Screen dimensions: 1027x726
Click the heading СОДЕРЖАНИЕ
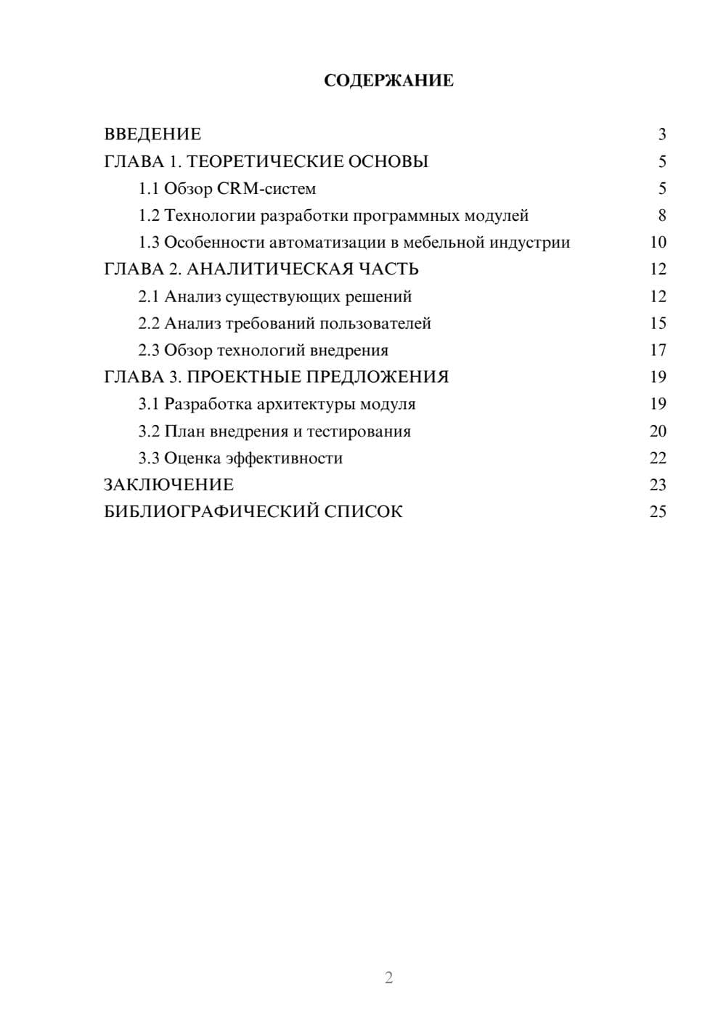[388, 81]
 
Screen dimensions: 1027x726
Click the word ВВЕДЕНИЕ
[152, 134]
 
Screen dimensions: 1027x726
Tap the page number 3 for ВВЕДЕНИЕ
[661, 134]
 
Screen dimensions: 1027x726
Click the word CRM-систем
[267, 189]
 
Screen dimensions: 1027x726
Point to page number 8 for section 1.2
[661, 216]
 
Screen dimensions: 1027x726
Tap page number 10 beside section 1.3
[658, 243]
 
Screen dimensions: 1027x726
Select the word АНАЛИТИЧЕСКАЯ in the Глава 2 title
[269, 269]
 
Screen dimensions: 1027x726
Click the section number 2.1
[149, 296]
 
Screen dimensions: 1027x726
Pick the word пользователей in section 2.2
[375, 323]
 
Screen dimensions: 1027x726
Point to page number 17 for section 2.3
[658, 350]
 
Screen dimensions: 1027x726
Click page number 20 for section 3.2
[658, 431]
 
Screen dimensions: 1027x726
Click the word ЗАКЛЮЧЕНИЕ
[169, 485]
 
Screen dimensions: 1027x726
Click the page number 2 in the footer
[388, 978]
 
